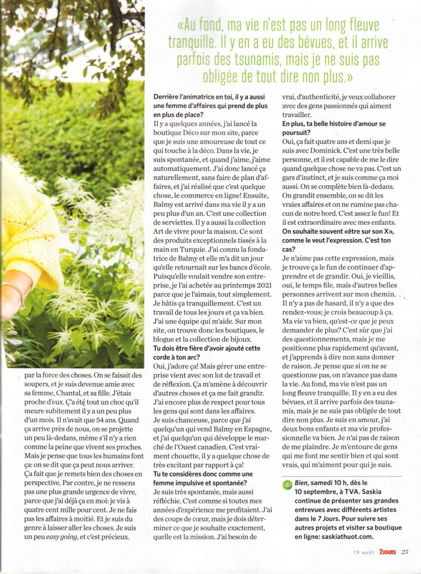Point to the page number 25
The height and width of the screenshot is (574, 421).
405,552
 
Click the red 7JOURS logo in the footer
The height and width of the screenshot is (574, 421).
386,552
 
